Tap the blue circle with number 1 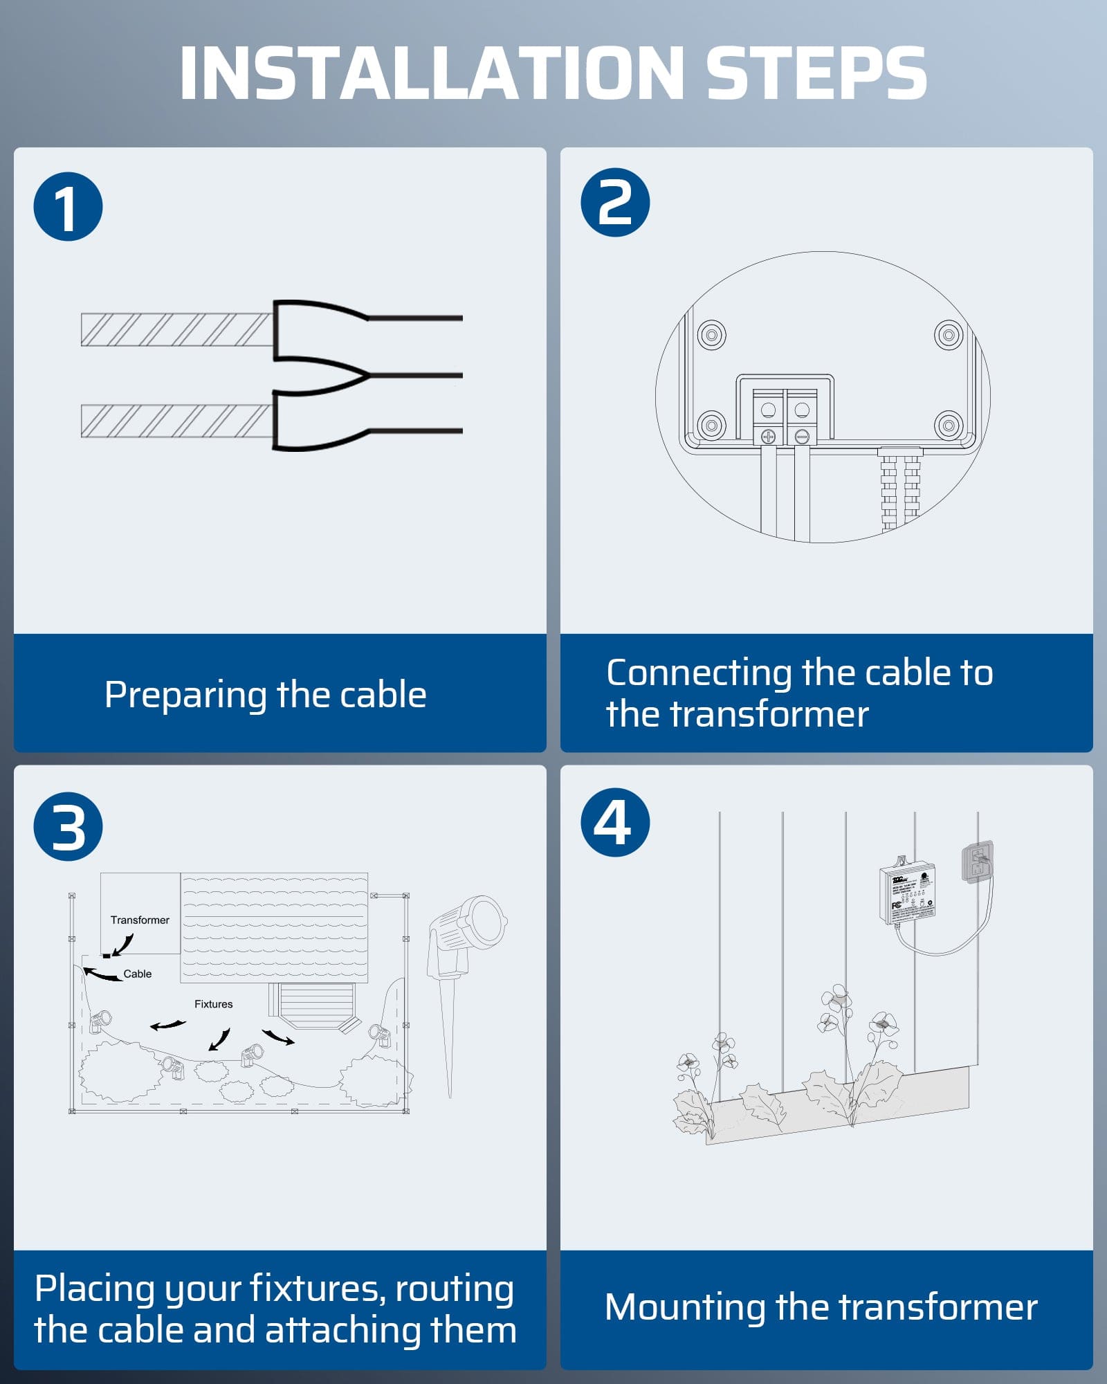[x=68, y=207]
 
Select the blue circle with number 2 [x=615, y=202]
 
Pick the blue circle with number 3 [x=68, y=827]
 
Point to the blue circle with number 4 [x=615, y=822]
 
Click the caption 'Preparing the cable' [x=265, y=695]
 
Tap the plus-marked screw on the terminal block [x=768, y=437]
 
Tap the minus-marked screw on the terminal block [x=802, y=437]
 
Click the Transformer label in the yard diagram [x=140, y=920]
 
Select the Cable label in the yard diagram [x=137, y=974]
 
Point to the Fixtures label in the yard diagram [x=213, y=1004]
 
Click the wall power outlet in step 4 [x=978, y=862]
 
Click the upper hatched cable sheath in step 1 [x=176, y=329]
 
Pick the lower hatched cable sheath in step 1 [x=176, y=421]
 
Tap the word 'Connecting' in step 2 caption [x=699, y=673]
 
